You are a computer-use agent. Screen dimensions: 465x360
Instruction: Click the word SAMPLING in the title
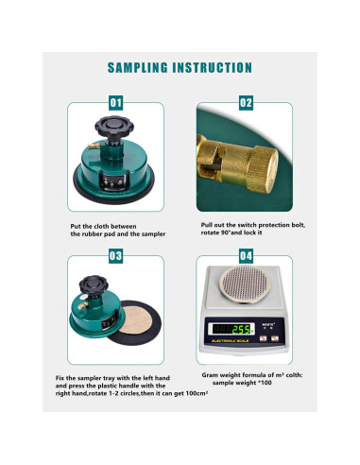(x=142, y=68)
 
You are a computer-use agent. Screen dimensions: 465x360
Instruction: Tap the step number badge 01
(x=115, y=102)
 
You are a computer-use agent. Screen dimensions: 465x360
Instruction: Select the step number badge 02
(x=246, y=102)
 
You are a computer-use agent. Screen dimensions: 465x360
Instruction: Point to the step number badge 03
(x=115, y=256)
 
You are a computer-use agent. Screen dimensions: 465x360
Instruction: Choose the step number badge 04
(x=246, y=256)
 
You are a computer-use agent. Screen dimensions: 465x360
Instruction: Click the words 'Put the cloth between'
(x=103, y=226)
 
